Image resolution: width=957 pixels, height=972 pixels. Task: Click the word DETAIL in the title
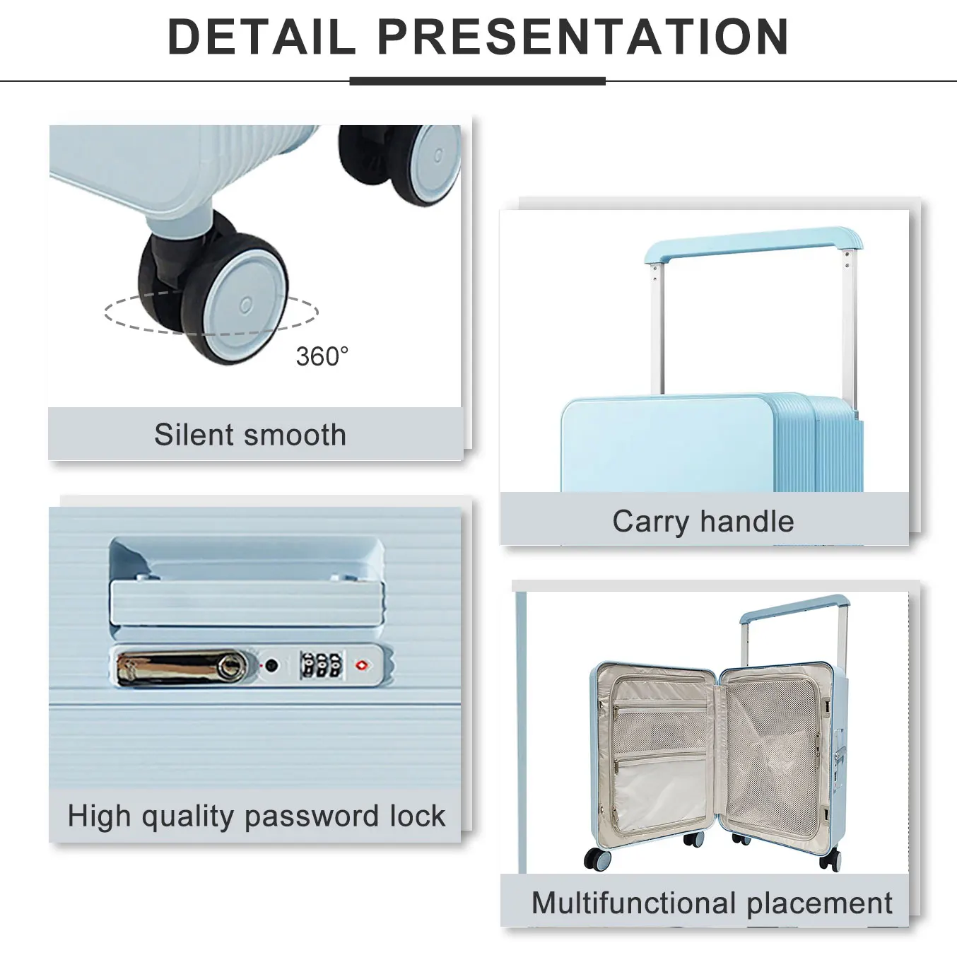[262, 36]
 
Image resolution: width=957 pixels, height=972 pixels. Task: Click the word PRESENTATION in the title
[582, 36]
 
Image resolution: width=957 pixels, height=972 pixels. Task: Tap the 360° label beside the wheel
[322, 356]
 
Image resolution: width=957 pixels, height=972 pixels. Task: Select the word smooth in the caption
[295, 435]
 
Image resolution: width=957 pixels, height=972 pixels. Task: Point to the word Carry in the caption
[650, 522]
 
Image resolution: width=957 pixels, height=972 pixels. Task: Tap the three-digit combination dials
[321, 665]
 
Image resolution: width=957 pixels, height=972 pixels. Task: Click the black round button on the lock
[271, 665]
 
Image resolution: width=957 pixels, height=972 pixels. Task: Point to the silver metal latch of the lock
[182, 667]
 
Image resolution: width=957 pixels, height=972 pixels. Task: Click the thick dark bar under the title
[477, 81]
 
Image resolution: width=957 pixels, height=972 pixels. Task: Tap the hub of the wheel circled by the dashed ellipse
[245, 305]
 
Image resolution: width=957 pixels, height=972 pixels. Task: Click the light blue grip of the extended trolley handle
[753, 242]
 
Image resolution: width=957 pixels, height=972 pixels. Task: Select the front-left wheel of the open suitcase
[597, 858]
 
